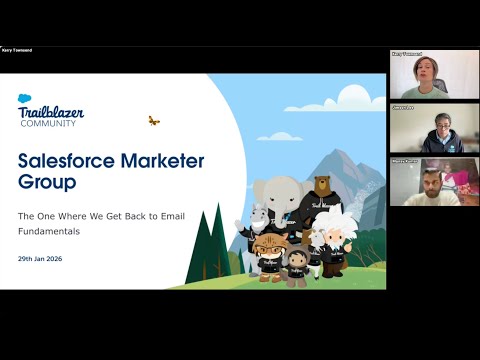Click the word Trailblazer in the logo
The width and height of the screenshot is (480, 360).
[52, 112]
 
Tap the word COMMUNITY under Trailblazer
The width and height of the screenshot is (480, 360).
[53, 123]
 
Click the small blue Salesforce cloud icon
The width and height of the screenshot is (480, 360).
[25, 98]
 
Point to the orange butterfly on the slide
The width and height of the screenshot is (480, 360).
[153, 121]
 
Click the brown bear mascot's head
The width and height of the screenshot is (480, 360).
[322, 187]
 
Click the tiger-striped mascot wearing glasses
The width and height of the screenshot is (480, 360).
[267, 246]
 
